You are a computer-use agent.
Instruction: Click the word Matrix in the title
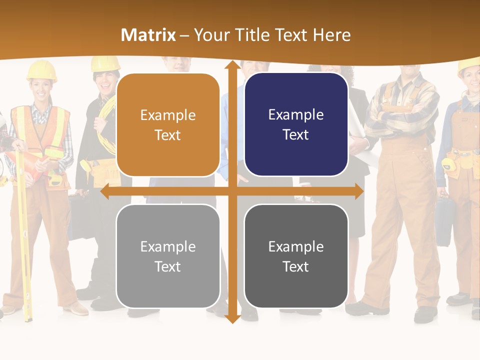click(x=148, y=35)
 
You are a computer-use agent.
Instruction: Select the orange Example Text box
click(x=168, y=125)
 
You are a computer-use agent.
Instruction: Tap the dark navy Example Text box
click(x=296, y=124)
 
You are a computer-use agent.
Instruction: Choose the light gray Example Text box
click(x=168, y=256)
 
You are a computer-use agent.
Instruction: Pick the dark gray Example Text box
click(x=296, y=256)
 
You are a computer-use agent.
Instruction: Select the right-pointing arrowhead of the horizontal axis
click(x=359, y=191)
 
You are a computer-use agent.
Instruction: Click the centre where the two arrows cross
click(x=232, y=191)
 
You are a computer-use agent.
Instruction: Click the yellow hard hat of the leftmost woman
click(x=41, y=70)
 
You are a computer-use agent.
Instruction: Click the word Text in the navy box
click(x=296, y=135)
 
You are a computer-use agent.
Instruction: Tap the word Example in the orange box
click(x=168, y=115)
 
